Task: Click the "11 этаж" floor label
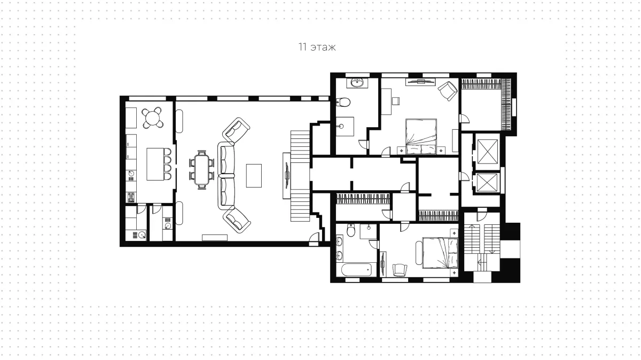pos(317,47)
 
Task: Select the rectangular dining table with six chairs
pos(201,170)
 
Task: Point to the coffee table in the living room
pos(254,176)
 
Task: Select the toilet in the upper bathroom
pos(343,101)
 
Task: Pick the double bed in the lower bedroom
pos(440,253)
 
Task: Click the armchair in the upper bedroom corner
pos(448,91)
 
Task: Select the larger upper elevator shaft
pos(488,152)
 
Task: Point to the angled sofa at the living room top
pos(236,130)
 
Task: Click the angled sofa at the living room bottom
pos(237,221)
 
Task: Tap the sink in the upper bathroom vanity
pos(357,83)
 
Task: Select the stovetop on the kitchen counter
pos(131,197)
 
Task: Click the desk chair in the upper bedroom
pos(396,101)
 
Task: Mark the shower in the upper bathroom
pos(345,126)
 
